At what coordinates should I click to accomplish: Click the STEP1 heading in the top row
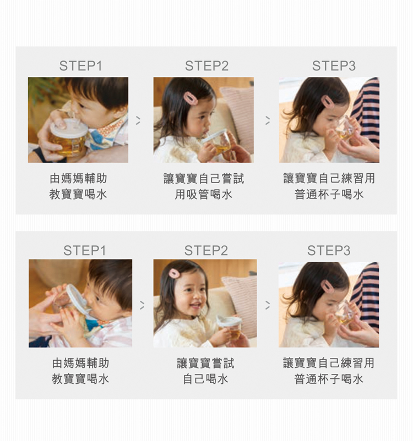[80, 66]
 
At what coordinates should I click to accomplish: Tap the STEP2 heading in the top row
[207, 66]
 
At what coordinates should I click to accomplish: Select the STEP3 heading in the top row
[334, 66]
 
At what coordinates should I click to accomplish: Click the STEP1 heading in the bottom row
[84, 250]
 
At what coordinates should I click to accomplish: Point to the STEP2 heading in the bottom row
[206, 250]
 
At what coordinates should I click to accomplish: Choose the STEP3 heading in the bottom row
[329, 250]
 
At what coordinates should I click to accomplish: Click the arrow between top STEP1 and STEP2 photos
[138, 120]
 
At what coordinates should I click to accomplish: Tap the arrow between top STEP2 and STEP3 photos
[268, 120]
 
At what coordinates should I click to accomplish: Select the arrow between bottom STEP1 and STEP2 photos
[142, 305]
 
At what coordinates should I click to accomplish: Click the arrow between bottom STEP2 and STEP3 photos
[268, 305]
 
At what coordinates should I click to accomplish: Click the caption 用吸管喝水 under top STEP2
[203, 194]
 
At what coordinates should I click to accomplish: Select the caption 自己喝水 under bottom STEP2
[205, 379]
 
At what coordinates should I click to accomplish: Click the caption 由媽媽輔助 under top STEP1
[78, 178]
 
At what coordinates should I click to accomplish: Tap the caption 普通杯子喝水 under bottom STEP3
[329, 379]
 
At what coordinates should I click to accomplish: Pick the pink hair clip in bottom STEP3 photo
[328, 286]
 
